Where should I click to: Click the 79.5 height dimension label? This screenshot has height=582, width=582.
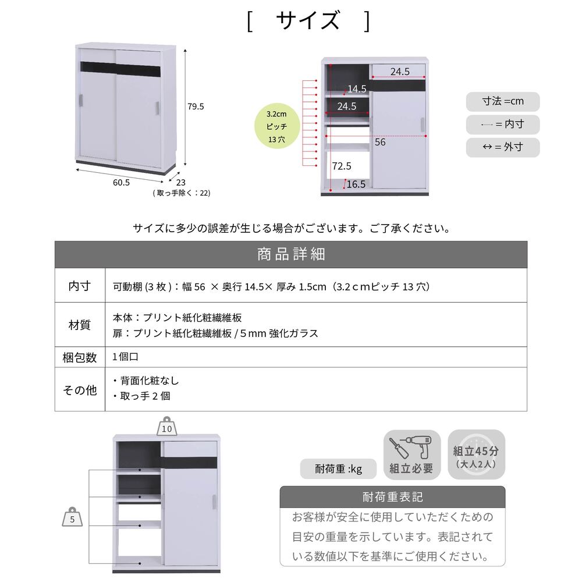[x=196, y=107]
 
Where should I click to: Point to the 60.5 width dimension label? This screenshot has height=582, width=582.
[x=122, y=183]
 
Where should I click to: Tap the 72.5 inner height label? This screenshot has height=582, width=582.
[x=342, y=166]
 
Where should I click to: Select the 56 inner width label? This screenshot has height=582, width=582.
[x=379, y=142]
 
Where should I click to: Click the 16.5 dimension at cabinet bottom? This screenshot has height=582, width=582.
[x=356, y=184]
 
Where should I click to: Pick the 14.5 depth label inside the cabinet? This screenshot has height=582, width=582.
[x=357, y=88]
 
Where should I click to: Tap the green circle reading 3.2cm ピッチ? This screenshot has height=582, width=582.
[x=277, y=126]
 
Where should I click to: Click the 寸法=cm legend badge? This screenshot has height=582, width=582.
[x=503, y=101]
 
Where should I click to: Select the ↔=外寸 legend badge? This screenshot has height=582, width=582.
[x=503, y=147]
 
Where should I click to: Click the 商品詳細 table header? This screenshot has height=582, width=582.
[x=291, y=255]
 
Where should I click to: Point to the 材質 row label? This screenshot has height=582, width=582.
[x=79, y=325]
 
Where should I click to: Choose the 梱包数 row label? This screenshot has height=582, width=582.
[x=79, y=357]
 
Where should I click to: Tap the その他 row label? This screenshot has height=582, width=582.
[x=79, y=390]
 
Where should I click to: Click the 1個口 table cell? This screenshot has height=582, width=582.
[x=126, y=357]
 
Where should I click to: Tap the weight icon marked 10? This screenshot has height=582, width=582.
[x=167, y=426]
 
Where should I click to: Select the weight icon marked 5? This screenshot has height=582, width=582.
[x=72, y=517]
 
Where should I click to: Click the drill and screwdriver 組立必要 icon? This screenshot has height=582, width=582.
[x=412, y=455]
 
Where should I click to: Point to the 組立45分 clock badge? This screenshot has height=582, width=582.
[x=476, y=455]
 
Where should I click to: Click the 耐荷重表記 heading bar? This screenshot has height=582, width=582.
[x=392, y=496]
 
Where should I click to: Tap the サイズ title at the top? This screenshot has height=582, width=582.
[x=308, y=20]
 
